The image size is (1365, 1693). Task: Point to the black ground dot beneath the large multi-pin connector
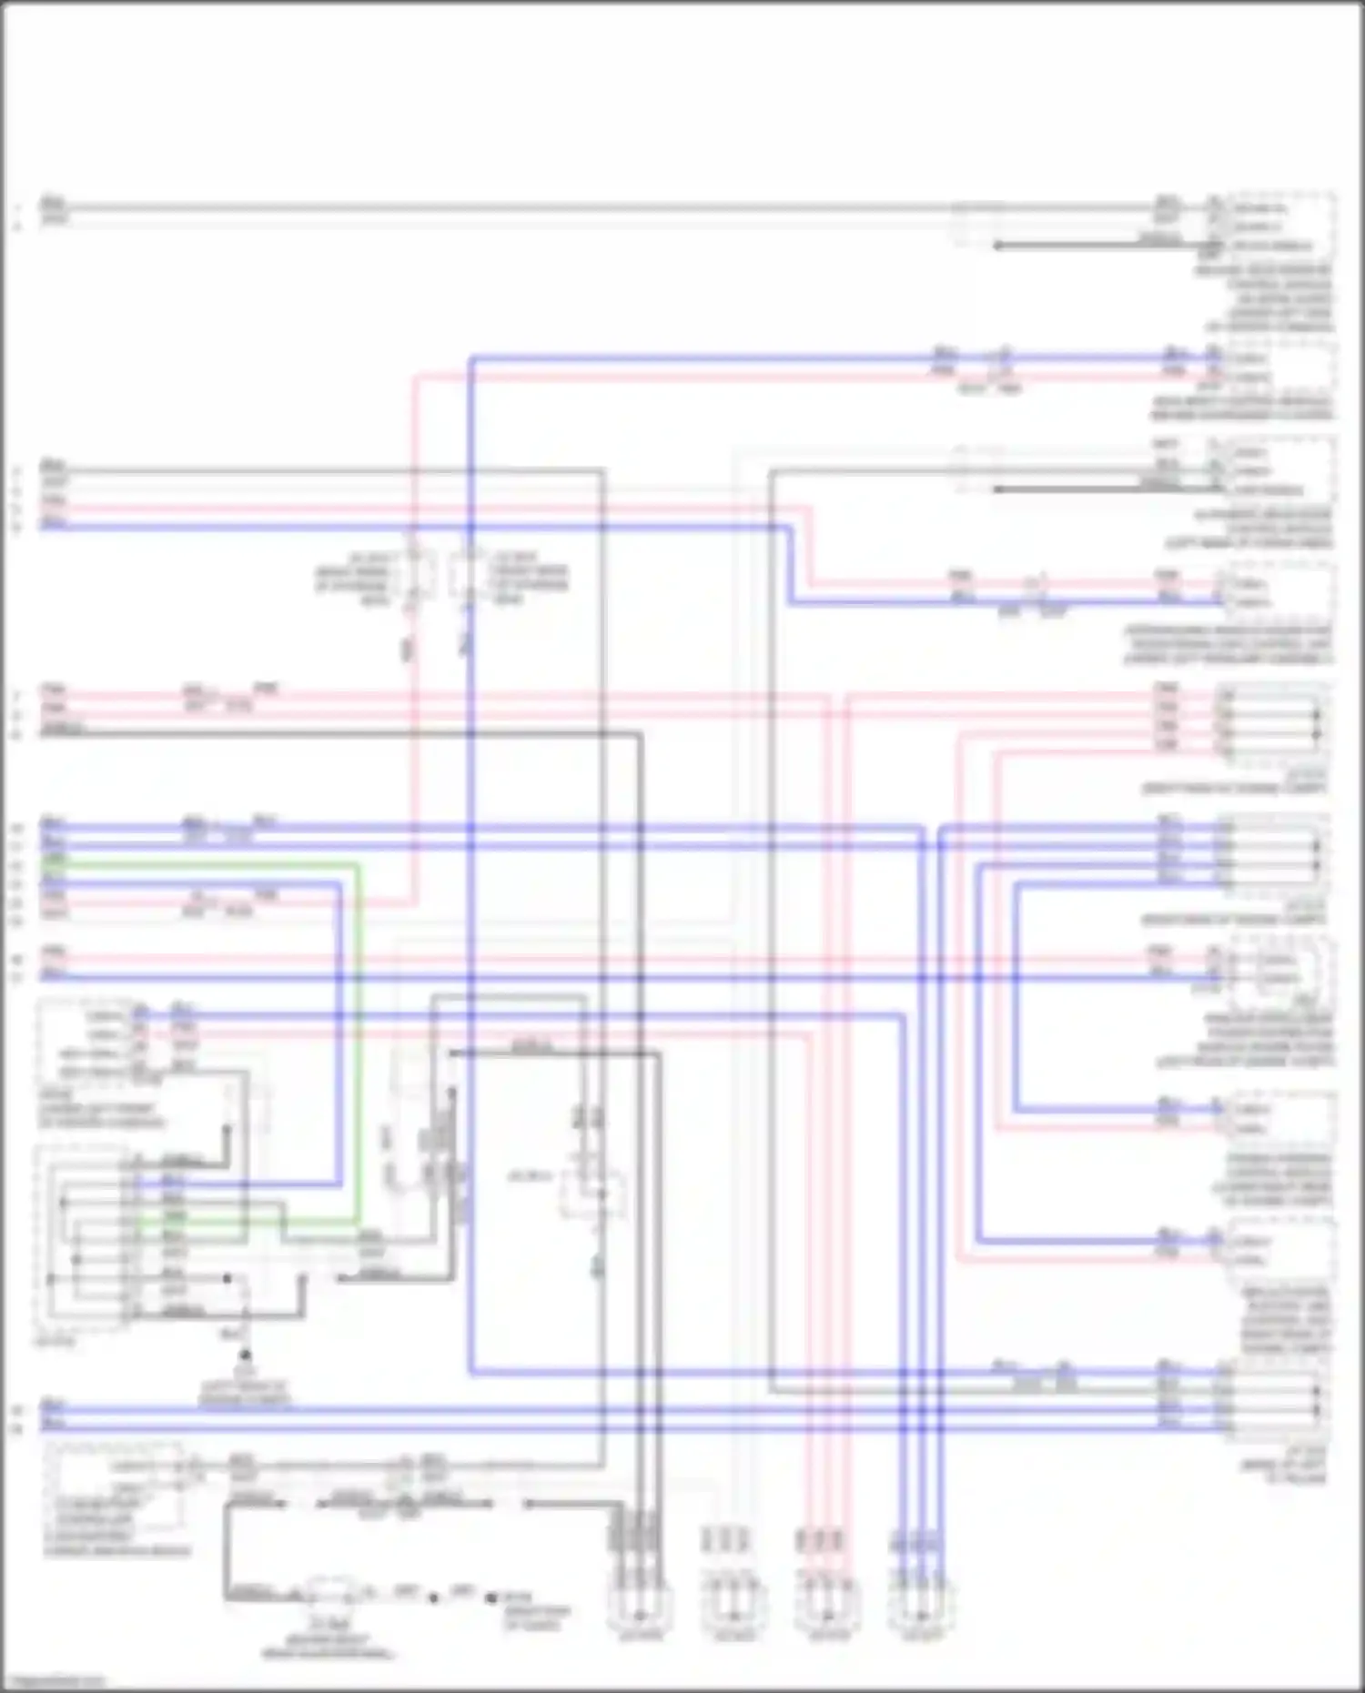point(245,1355)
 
